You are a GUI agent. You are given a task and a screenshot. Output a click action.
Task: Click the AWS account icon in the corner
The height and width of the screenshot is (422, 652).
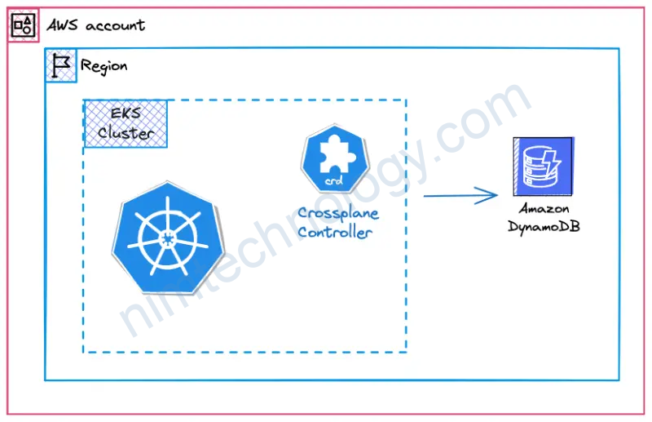[x=23, y=25]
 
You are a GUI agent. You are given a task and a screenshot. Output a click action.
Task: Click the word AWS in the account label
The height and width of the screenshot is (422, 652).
[x=62, y=25]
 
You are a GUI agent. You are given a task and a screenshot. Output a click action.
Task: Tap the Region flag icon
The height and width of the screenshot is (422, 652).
[x=61, y=65]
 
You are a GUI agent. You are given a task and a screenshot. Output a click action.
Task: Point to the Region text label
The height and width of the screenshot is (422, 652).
[x=104, y=66]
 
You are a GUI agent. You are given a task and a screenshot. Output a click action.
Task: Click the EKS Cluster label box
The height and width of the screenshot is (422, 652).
[x=126, y=123]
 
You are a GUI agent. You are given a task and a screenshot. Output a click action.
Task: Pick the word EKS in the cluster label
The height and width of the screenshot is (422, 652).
[x=126, y=114]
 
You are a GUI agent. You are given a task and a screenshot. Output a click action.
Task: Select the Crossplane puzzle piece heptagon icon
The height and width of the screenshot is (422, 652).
[x=333, y=158]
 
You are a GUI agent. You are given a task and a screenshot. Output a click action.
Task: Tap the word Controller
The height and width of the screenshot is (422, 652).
[x=334, y=232]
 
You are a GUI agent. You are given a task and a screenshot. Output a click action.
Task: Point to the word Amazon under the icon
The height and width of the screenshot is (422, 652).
[x=544, y=209]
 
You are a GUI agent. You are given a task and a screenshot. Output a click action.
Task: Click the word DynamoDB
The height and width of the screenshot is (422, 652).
[x=544, y=226]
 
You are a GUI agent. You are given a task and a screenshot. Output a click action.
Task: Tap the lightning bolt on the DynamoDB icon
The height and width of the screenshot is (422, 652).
[x=557, y=155]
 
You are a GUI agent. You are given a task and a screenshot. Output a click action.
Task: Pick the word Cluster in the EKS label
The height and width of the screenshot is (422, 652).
[x=126, y=133]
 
